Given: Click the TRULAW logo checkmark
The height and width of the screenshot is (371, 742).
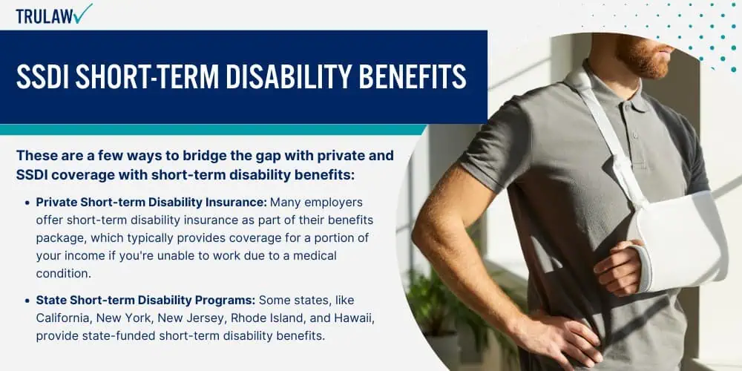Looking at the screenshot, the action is coord(83,13).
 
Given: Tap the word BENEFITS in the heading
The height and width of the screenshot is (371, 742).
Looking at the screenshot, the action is coord(413,76).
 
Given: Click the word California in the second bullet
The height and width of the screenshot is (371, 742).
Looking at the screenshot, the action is coord(63,318).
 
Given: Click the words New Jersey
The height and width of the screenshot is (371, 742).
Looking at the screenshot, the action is coord(191,318).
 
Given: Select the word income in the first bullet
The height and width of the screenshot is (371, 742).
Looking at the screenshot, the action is coord(73,256).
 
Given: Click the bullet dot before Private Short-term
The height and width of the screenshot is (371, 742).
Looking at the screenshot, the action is coord(28,203).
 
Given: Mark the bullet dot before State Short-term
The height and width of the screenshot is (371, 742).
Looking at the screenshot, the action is coord(28,301).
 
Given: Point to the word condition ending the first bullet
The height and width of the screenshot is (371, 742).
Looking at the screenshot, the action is coord(62,273).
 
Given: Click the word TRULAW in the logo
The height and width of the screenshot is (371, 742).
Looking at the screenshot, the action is coord(44,16).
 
